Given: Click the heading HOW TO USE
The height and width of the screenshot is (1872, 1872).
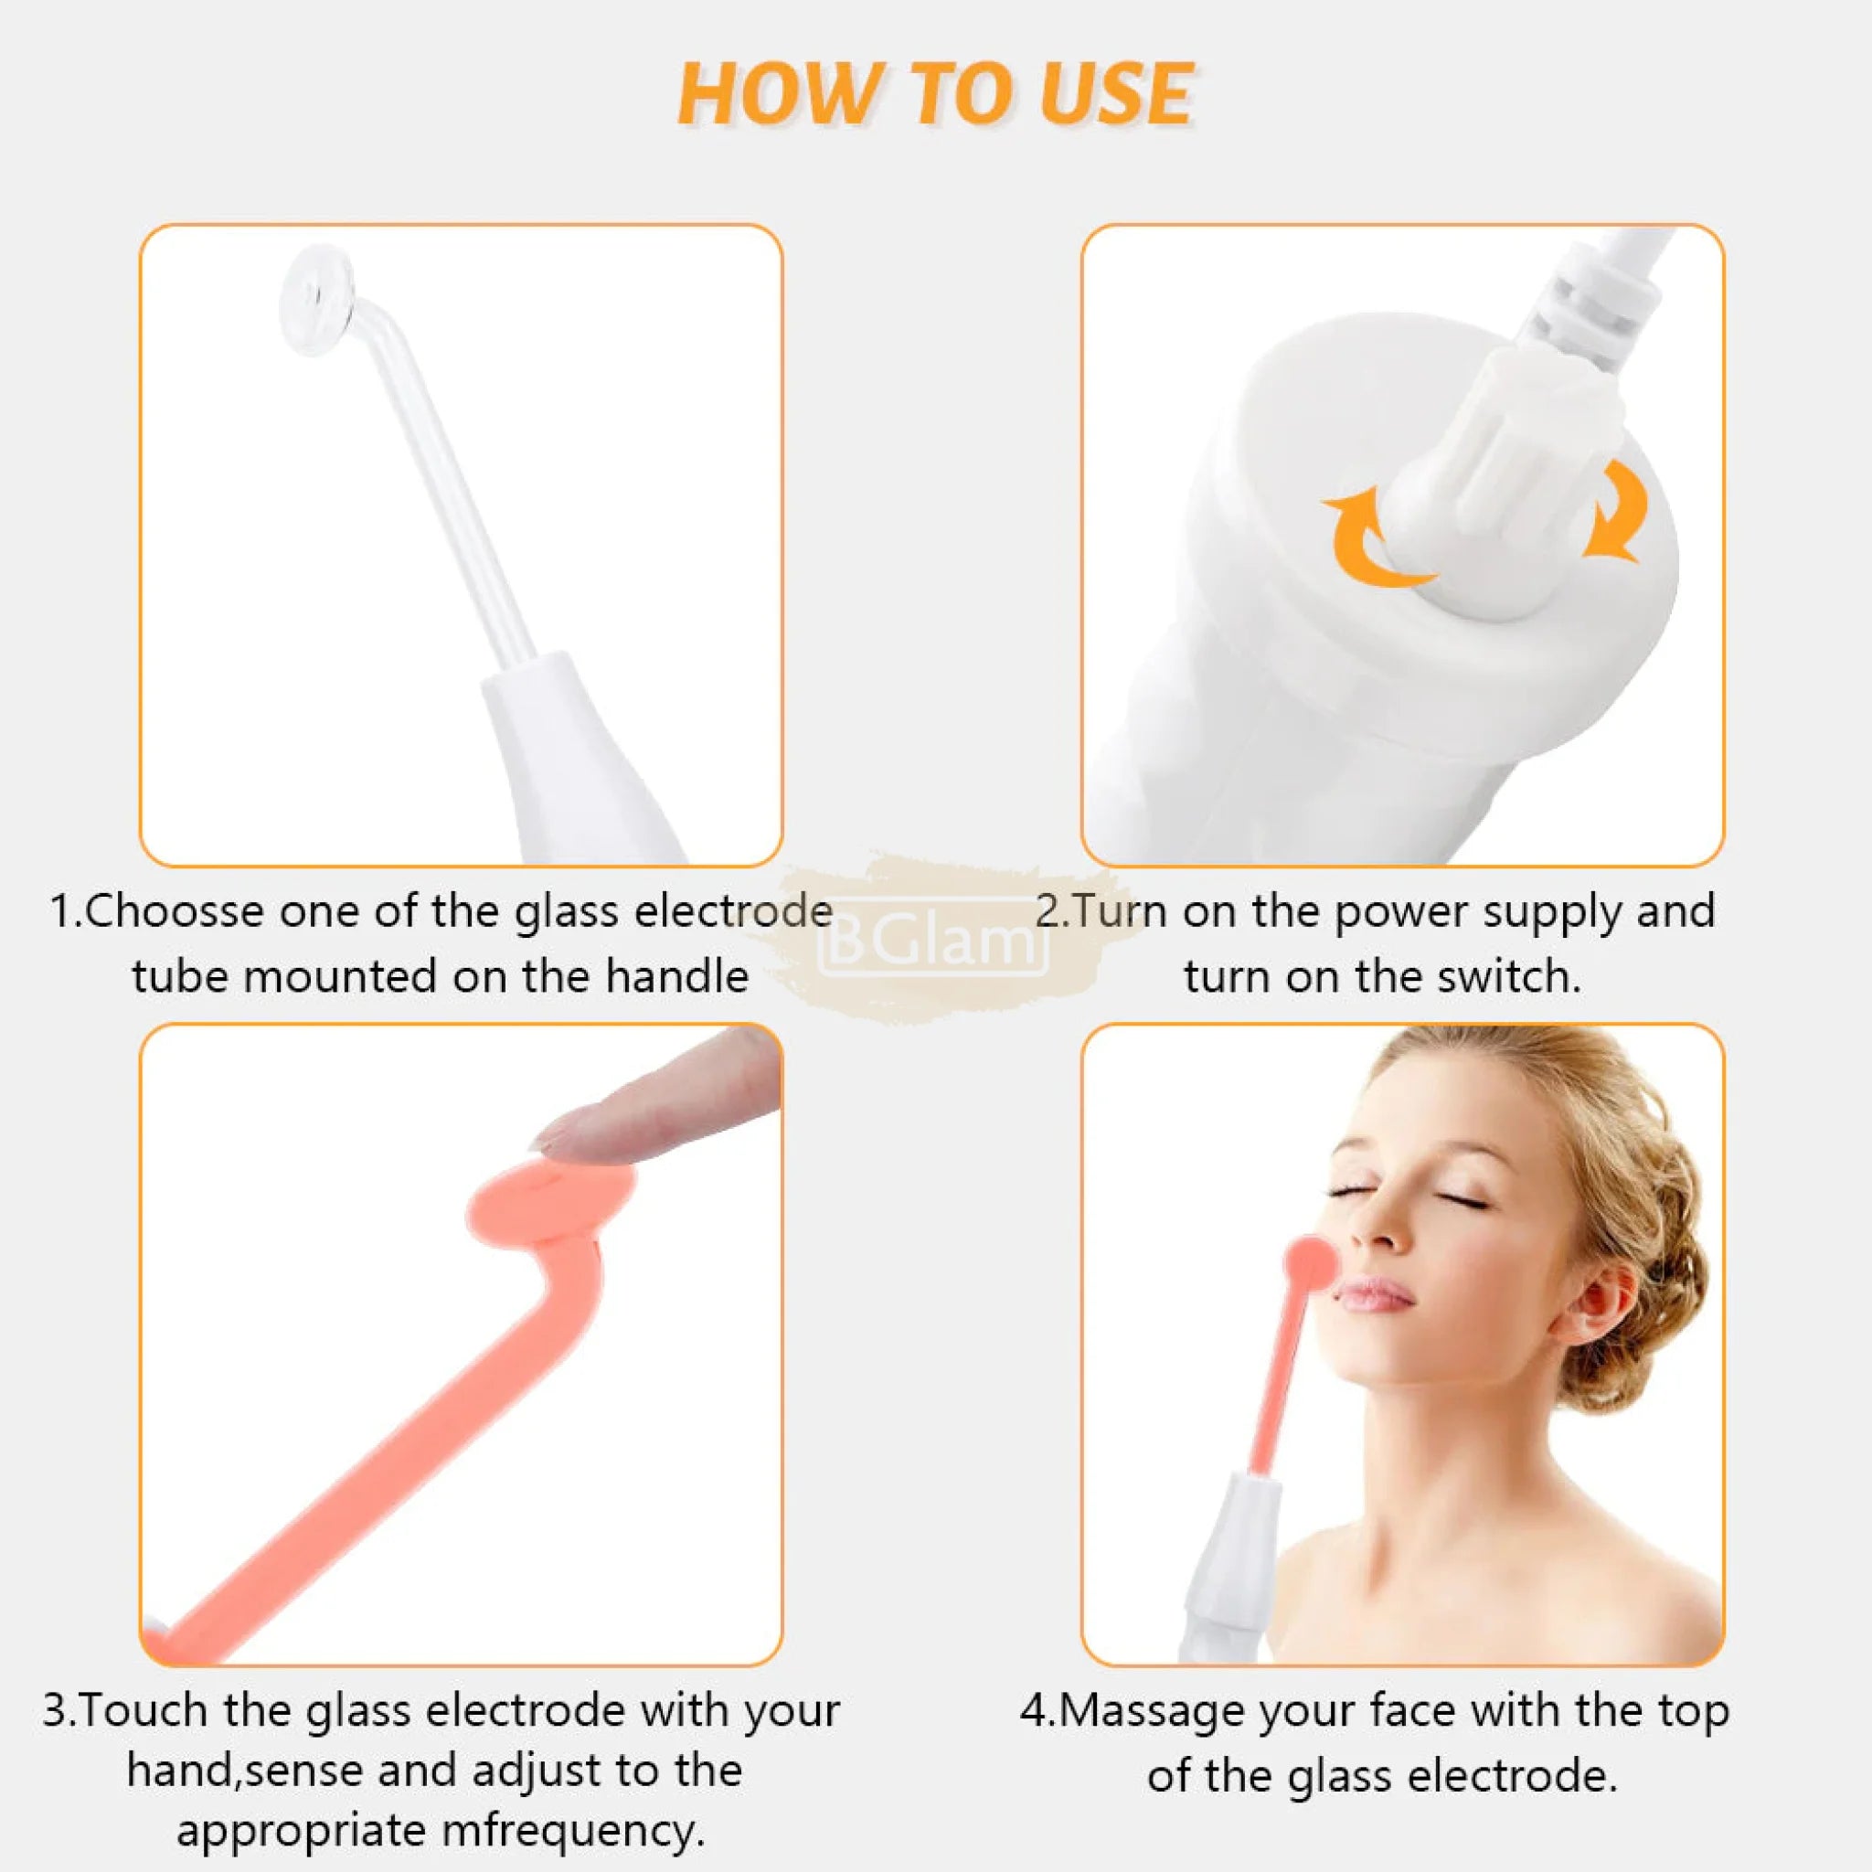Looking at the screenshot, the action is pyautogui.click(x=935, y=94).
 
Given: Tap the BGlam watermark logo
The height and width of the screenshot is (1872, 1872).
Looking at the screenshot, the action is pyautogui.click(x=933, y=939).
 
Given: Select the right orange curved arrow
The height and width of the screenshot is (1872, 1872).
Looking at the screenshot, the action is pyautogui.click(x=1616, y=511).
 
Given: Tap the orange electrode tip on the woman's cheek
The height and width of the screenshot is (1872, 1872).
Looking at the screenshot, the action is pyautogui.click(x=1311, y=1260).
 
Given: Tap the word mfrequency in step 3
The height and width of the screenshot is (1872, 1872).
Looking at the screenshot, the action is pyautogui.click(x=571, y=1830).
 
